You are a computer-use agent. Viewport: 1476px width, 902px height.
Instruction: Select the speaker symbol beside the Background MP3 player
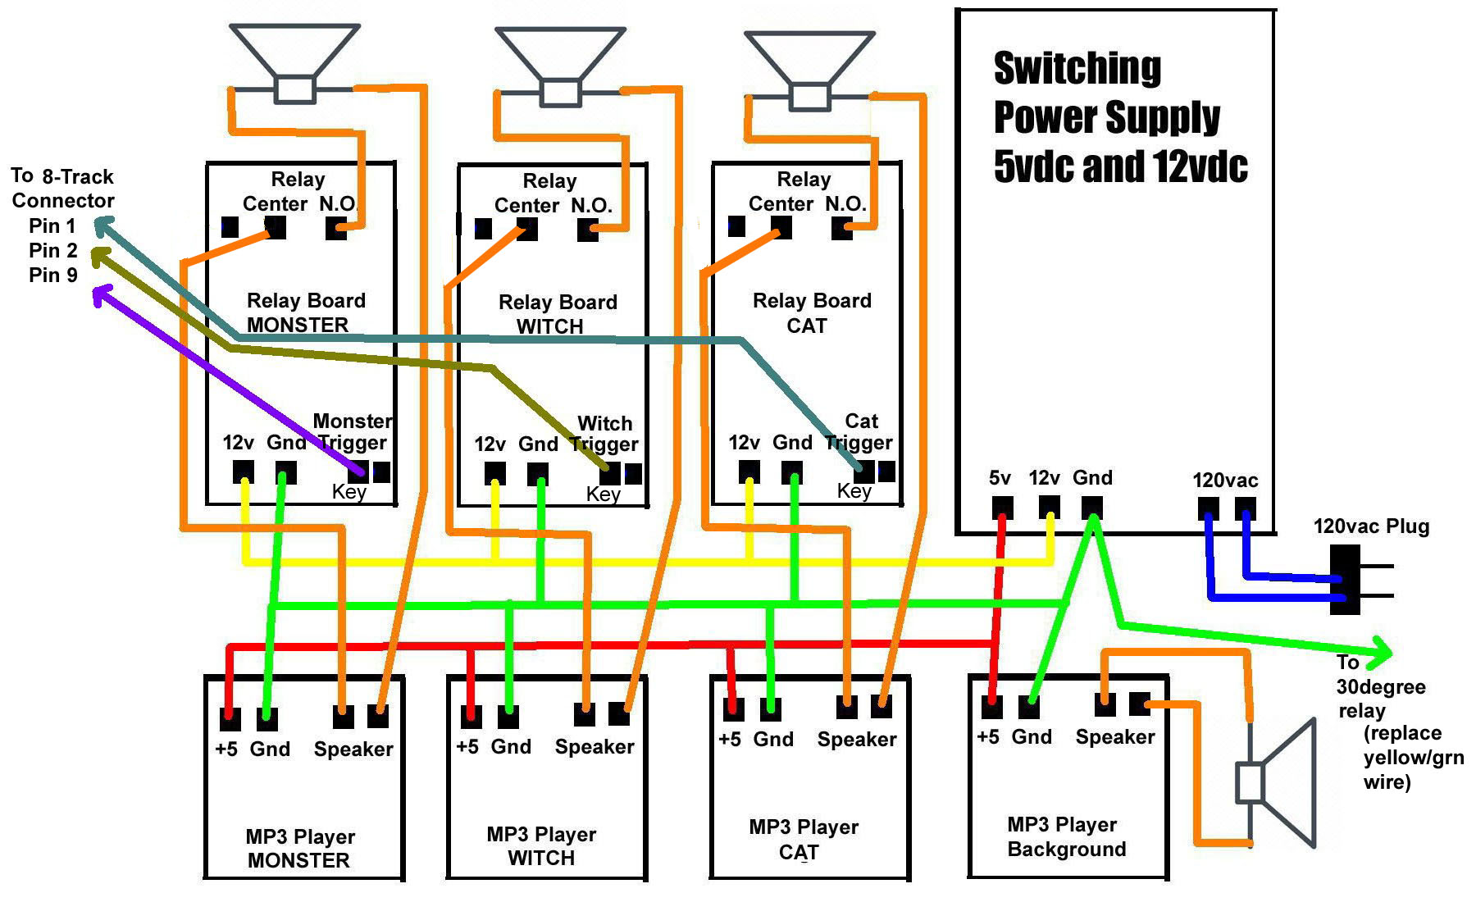click(1275, 783)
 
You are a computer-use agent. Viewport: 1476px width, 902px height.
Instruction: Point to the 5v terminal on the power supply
click(1002, 507)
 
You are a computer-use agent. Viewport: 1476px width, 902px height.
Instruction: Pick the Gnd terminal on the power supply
click(1092, 506)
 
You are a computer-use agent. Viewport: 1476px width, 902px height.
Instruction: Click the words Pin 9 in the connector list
click(53, 275)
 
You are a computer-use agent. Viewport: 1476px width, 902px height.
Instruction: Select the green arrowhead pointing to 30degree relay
click(1383, 653)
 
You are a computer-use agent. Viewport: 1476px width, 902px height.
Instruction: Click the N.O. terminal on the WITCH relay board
click(587, 230)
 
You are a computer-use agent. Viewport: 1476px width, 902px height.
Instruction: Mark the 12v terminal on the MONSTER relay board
click(243, 471)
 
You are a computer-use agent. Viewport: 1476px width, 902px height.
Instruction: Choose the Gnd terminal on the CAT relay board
click(792, 471)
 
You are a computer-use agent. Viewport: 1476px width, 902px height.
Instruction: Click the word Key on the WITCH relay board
click(603, 494)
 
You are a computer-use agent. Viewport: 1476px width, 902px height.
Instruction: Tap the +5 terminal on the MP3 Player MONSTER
click(230, 719)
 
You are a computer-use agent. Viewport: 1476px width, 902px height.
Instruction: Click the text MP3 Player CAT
click(804, 839)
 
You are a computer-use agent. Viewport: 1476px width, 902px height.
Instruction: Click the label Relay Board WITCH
click(558, 314)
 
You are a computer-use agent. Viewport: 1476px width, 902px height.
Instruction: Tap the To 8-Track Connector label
click(62, 189)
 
